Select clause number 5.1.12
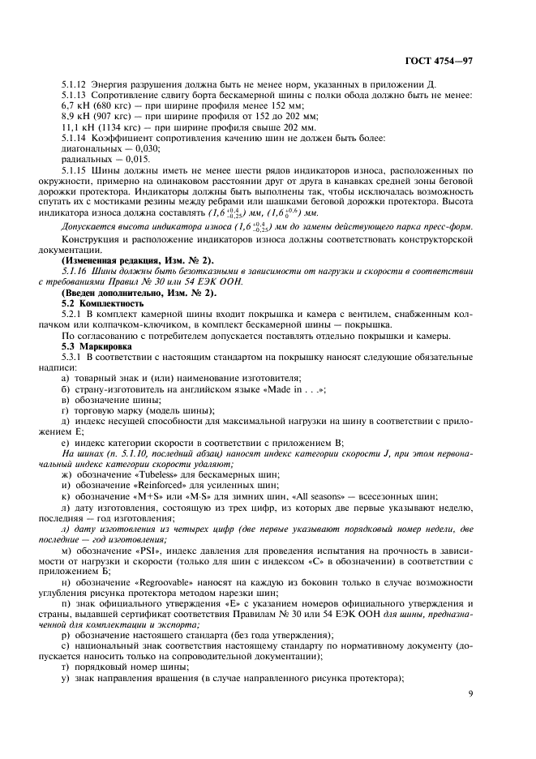[x=76, y=84]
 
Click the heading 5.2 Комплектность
[x=105, y=303]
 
